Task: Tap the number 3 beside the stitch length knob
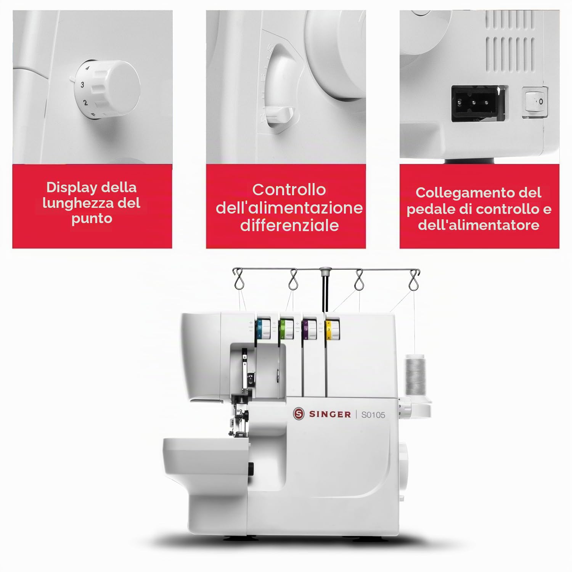82,85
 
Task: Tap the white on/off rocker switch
535,101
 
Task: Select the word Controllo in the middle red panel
289,190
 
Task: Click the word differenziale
289,225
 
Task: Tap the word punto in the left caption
92,219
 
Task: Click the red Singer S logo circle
299,414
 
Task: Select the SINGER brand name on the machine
330,415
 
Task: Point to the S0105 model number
373,415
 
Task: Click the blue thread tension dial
263,328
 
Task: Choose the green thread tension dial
286,328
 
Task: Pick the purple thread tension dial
309,329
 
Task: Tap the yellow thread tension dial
332,329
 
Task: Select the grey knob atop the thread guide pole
325,271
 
